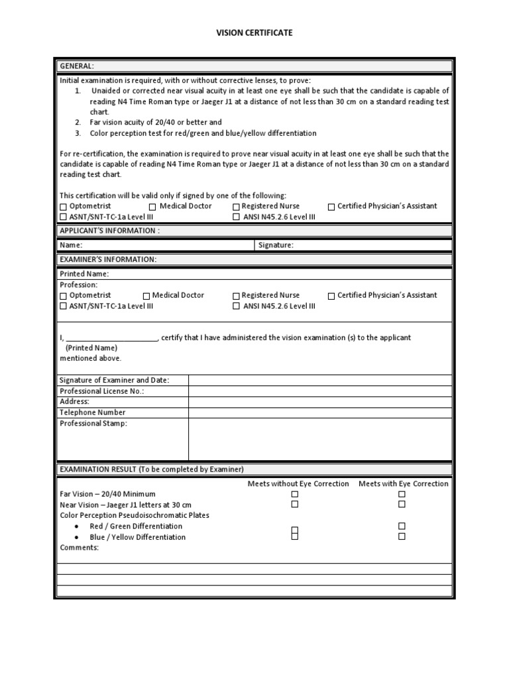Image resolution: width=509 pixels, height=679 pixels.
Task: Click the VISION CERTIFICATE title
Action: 254,32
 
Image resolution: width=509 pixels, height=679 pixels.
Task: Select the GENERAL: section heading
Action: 77,66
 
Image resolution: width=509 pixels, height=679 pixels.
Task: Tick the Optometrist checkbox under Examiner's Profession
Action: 64,296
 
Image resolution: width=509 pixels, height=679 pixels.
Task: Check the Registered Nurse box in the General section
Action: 236,206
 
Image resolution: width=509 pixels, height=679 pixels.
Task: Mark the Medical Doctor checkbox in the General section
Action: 153,206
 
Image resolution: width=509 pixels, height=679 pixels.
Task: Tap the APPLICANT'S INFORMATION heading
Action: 109,231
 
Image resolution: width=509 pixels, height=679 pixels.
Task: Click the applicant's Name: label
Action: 71,245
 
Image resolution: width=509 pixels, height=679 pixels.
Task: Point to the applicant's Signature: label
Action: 276,245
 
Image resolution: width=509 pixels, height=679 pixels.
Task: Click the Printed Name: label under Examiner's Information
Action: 84,274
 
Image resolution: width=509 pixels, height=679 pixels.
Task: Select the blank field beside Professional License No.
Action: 321,391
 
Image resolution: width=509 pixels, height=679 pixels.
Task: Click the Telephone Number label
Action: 92,412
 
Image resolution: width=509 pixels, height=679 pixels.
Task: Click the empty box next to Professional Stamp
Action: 321,439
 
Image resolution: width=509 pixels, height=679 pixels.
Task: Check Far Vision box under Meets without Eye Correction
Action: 295,494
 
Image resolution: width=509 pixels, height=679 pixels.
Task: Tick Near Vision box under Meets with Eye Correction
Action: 402,505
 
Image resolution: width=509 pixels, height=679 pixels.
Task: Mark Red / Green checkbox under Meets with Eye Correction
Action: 402,526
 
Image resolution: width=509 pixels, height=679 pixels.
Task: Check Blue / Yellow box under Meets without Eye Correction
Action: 295,536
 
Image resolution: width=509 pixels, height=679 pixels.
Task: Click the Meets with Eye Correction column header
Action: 403,483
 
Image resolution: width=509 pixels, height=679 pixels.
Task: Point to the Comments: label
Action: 79,548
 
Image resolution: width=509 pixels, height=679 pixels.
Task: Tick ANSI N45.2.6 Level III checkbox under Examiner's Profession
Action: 236,306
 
